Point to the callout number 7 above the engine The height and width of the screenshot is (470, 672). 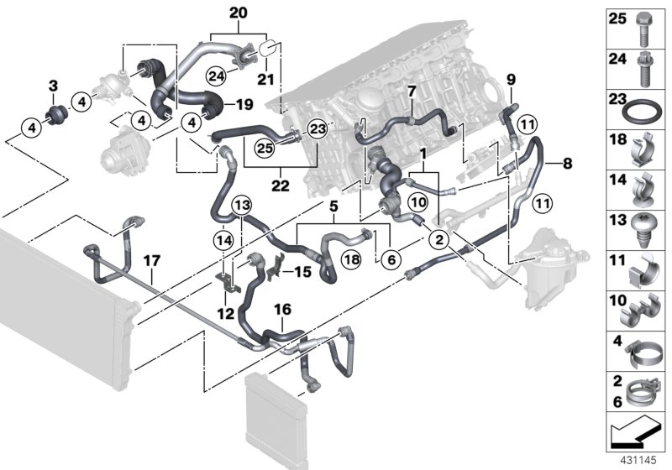click(412, 90)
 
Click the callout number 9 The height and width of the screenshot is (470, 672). click(509, 81)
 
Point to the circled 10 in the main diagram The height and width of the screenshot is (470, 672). click(418, 201)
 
